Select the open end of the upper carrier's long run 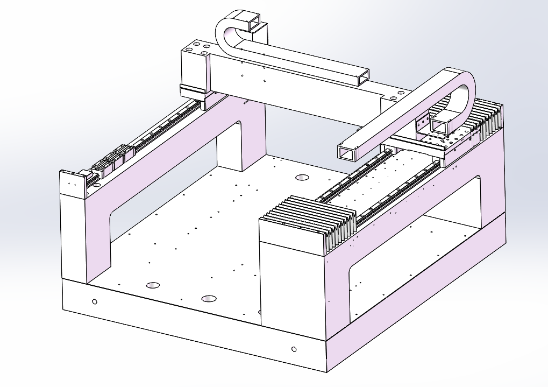[364, 77]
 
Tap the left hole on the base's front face [95, 301]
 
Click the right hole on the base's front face [294, 349]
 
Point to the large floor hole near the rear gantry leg [302, 177]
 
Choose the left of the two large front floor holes [153, 284]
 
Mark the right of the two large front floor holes [208, 298]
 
